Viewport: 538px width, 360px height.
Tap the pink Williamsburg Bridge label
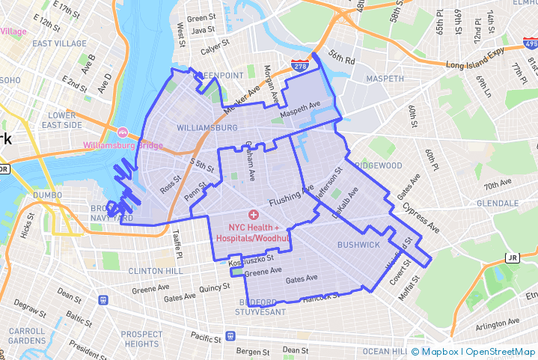123,145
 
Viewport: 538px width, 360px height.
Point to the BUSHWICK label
358,245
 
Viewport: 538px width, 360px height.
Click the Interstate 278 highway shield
301,67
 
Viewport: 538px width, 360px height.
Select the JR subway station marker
512,257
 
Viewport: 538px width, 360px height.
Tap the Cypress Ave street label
421,216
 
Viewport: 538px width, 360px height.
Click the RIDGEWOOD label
378,165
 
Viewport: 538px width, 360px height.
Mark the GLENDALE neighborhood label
498,203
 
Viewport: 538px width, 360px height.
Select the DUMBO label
47,195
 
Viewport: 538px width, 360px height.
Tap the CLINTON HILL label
156,270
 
